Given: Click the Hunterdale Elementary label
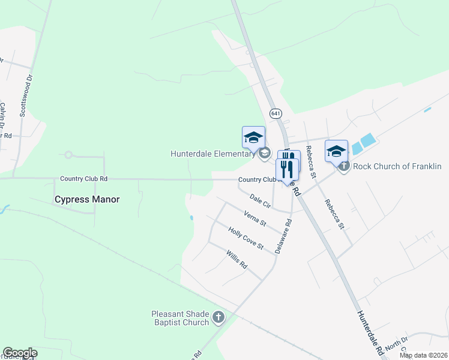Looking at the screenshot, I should pos(213,154).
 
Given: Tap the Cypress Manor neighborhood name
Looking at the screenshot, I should pos(87,199).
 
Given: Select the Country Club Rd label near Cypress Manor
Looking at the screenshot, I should pos(84,179).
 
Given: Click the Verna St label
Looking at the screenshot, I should pos(255,218).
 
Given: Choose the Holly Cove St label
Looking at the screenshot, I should pos(246,237).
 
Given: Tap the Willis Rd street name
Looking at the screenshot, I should pos(237,260).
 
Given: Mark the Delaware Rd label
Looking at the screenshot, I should pos(284,235).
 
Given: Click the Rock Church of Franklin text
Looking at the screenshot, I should pos(397,166).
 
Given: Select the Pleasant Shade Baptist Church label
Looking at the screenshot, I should pos(180,317).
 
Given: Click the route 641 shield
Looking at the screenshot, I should pos(276,113).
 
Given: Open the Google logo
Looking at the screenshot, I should pos(20,353).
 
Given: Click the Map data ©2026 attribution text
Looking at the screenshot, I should pos(423,355).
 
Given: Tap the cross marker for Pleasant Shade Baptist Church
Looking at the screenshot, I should pos(218,317).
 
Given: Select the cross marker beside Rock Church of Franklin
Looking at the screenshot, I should pos(344,166).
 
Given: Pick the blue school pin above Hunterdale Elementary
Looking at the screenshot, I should pos(253,137).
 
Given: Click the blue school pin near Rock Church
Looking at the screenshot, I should pos(336,151).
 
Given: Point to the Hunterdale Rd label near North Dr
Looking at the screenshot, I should pos(370,334).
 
